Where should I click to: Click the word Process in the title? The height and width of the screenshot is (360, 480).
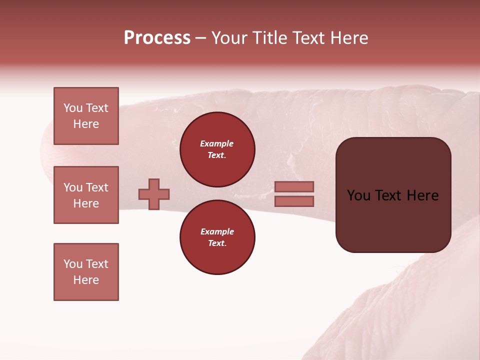157,38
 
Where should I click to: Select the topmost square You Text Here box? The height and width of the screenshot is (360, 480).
86,116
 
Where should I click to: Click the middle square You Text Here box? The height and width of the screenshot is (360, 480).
86,195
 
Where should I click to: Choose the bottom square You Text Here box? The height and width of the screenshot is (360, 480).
86,272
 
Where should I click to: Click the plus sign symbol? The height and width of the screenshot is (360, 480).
154,194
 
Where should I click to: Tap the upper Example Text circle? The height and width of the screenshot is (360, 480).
217,149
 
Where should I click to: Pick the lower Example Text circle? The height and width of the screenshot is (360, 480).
217,237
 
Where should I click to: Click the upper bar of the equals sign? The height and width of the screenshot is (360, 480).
294,186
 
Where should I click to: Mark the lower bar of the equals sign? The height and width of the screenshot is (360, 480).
294,201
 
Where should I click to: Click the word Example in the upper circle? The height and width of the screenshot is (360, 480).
217,143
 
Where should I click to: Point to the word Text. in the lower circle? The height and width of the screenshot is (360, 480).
217,243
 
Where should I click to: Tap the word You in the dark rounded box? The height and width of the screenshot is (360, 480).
358,195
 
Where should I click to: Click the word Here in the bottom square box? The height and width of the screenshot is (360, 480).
86,280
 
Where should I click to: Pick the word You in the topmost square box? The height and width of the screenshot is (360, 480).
73,108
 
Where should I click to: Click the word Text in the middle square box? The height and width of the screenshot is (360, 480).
97,187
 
